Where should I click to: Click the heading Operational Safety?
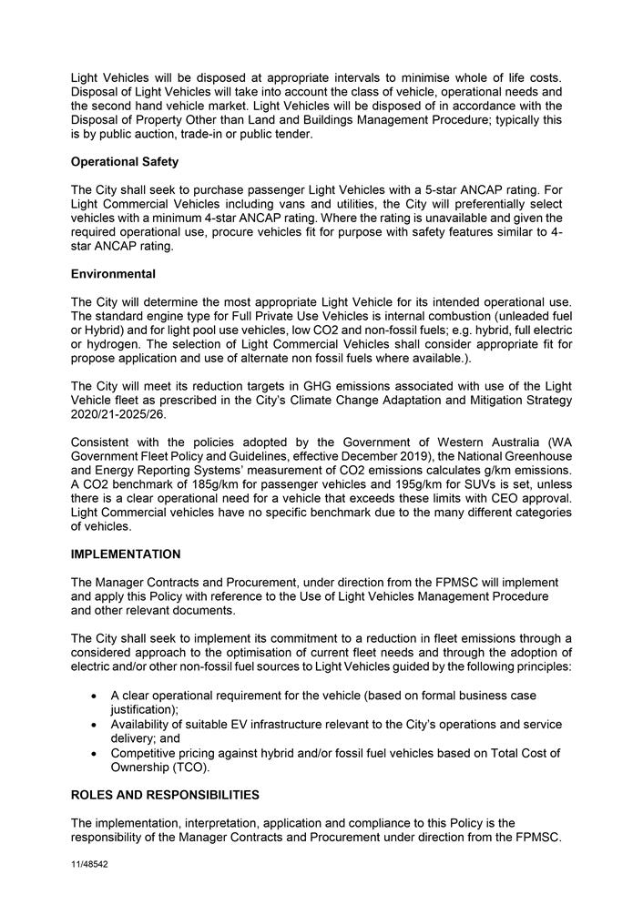coord(125,162)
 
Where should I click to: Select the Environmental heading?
coord(113,274)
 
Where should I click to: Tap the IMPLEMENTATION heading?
coord(126,554)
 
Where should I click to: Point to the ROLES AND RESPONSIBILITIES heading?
coord(165,795)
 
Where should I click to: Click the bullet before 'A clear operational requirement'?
coord(96,696)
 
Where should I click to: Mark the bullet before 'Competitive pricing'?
coord(96,754)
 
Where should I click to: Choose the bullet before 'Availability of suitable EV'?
coord(96,725)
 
